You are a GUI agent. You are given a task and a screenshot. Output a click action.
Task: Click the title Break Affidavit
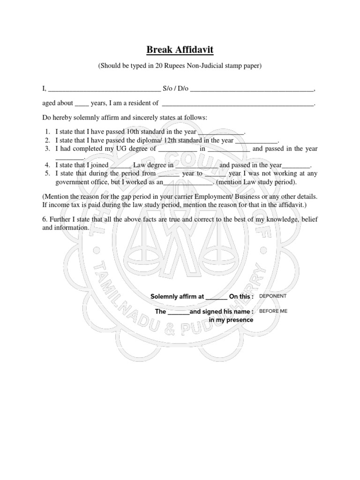(180, 49)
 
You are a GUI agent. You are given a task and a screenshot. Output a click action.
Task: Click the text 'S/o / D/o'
(175, 88)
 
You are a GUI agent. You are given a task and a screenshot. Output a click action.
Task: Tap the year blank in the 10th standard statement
(221, 133)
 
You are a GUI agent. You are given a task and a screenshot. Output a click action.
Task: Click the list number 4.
(47, 165)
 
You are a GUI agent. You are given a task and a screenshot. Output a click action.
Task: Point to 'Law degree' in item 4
(150, 165)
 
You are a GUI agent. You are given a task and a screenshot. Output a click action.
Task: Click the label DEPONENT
(272, 296)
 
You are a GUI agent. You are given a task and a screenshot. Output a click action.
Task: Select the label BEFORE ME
(273, 311)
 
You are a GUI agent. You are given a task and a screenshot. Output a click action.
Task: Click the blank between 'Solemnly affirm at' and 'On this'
(216, 297)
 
